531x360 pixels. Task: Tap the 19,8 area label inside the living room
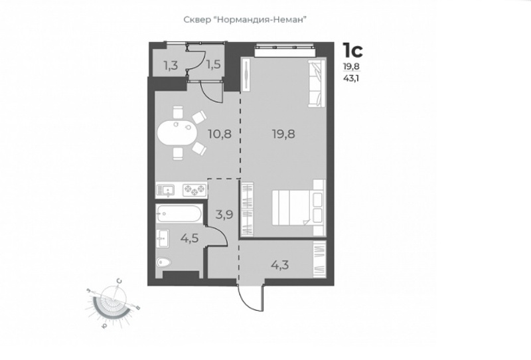point(283,134)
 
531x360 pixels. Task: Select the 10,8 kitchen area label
point(220,134)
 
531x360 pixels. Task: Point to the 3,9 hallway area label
point(224,215)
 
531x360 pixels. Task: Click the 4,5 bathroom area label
point(189,238)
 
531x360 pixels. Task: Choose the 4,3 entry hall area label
point(279,264)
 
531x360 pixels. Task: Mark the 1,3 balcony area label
point(171,65)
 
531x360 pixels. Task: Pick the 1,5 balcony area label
point(214,64)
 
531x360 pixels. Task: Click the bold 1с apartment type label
point(352,50)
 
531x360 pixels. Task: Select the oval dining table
point(176,133)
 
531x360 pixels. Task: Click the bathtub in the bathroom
point(179,214)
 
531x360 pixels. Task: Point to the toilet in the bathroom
point(164,262)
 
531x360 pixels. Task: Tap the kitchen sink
point(165,191)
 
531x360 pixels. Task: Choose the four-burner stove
point(194,190)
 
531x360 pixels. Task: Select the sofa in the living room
point(317,84)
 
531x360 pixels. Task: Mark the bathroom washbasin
point(162,238)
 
